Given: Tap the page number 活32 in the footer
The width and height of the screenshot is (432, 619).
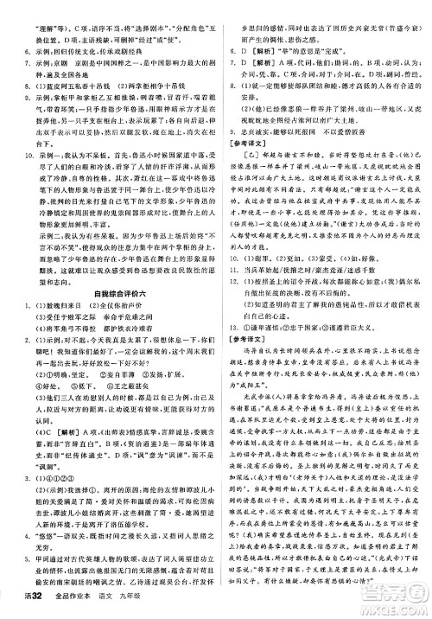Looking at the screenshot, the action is [18, 608].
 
